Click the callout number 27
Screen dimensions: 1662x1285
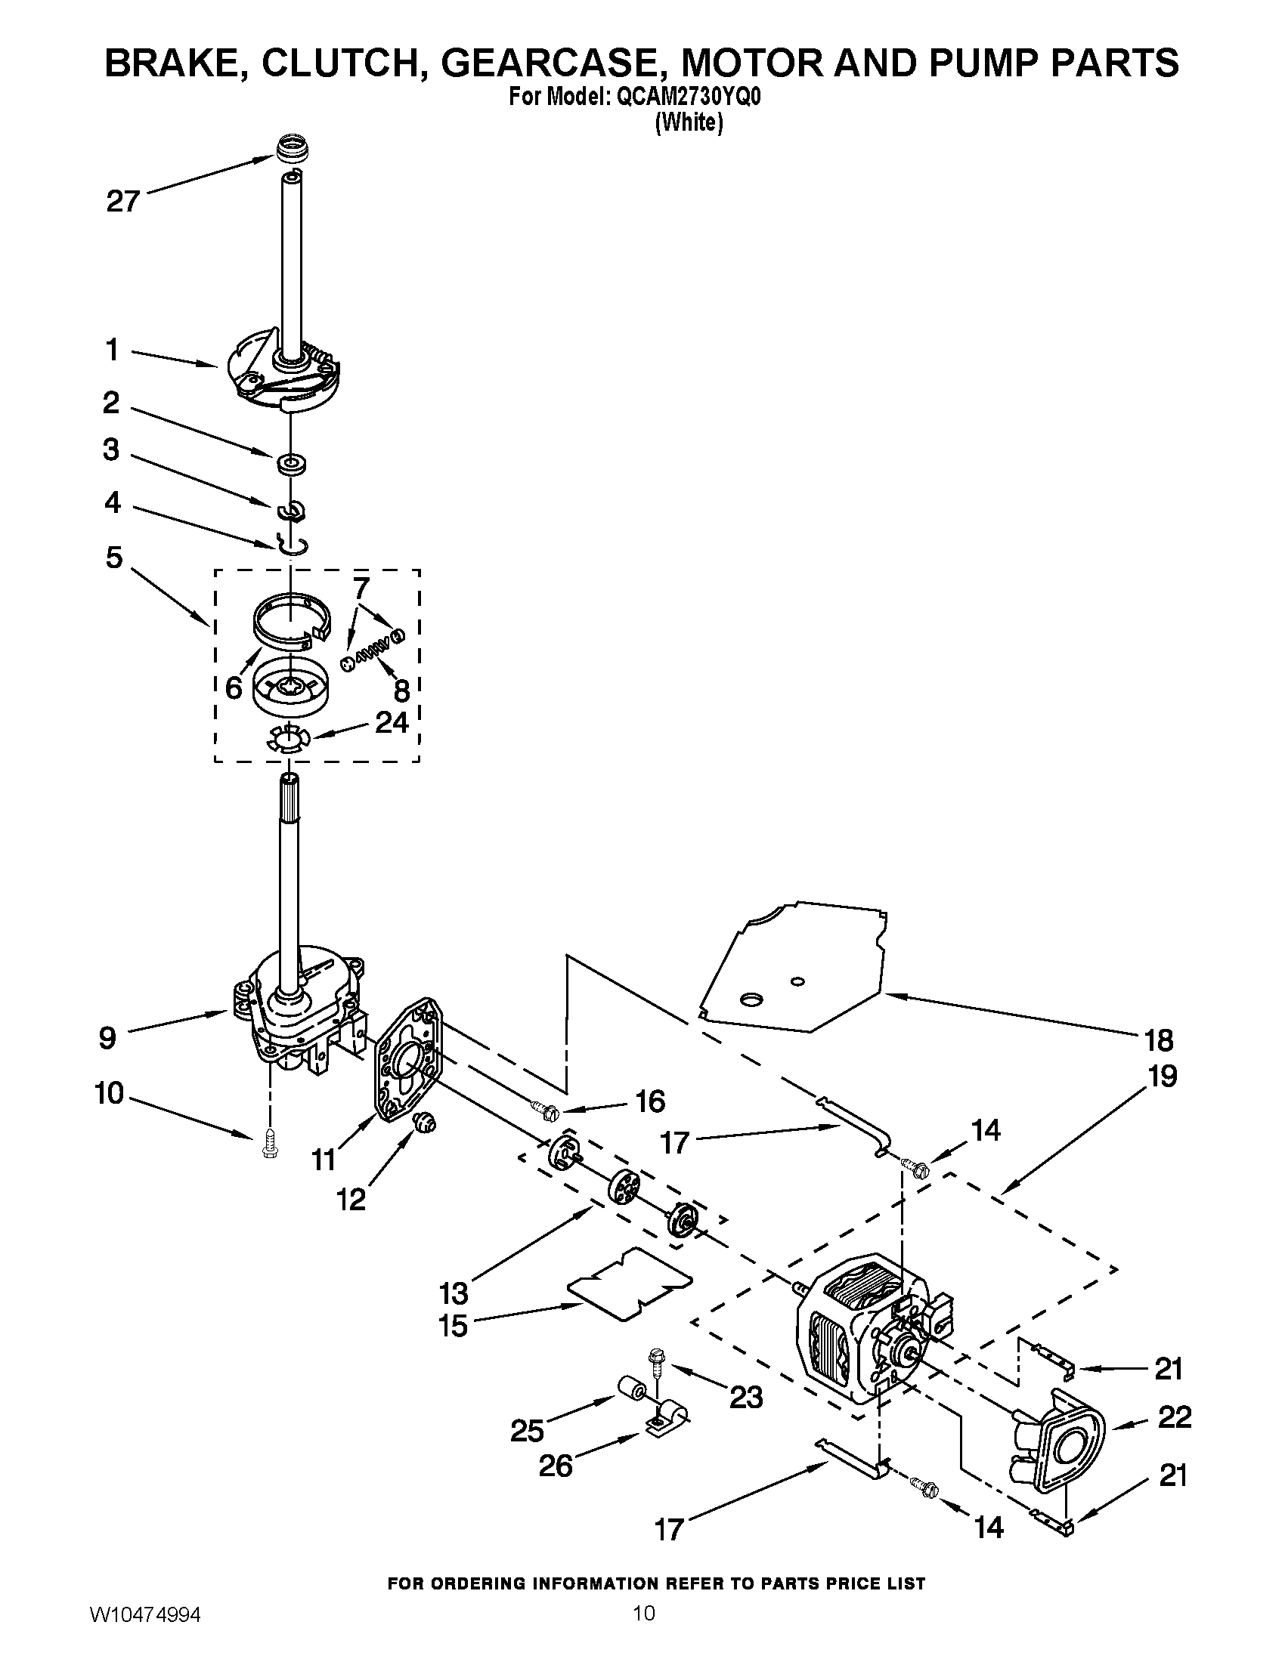pos(122,202)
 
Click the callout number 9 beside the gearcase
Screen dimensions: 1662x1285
pos(107,1037)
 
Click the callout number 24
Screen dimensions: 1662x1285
pos(392,721)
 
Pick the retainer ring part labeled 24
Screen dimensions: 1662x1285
pos(286,740)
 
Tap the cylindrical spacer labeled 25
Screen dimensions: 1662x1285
pos(631,1392)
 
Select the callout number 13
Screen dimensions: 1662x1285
pos(454,1292)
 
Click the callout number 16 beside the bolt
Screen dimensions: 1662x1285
pos(650,1101)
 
